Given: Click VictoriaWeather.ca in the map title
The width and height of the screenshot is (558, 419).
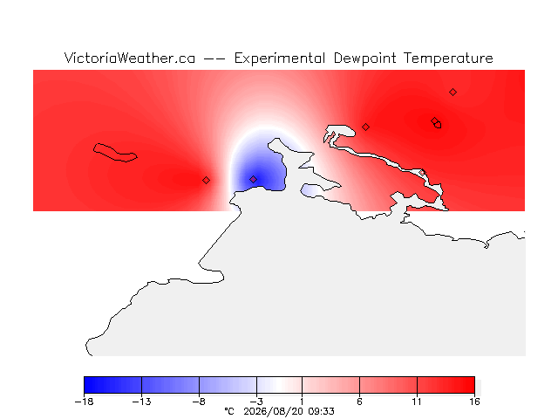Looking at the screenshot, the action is coord(130,58).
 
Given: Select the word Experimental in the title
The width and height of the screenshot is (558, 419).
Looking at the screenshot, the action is coord(279,58).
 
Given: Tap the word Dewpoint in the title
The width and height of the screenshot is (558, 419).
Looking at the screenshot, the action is coord(364,58).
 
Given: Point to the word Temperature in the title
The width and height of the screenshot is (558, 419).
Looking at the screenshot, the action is coord(448,58).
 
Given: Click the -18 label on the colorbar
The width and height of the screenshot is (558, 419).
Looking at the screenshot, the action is coord(85,402).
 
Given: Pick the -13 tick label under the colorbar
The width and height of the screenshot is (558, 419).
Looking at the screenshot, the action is coord(141,402).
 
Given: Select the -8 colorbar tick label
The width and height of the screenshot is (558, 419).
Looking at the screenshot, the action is coord(199,402).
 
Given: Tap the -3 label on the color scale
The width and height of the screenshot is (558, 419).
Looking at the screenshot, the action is coord(256,402).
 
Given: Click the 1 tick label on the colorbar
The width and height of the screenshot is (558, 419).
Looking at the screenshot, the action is coord(302,402).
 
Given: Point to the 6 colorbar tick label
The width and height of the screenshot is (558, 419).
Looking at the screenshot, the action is coord(359,402).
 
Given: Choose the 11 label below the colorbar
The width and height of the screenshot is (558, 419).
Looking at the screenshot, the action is coord(417,402).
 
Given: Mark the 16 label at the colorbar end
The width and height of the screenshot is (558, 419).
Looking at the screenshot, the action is coord(474,402).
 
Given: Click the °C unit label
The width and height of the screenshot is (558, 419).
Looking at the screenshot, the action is coord(229,411).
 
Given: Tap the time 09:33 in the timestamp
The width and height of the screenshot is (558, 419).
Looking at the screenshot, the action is coord(322,411).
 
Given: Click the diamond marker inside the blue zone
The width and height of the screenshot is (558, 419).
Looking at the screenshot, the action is coord(253,179).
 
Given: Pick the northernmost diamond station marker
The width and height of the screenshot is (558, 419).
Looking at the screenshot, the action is coord(453,93).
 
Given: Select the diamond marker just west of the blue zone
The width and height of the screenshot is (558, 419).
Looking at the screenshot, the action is coord(206,181).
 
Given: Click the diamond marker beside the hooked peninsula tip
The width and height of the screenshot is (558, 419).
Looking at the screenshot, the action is coord(365,127).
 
